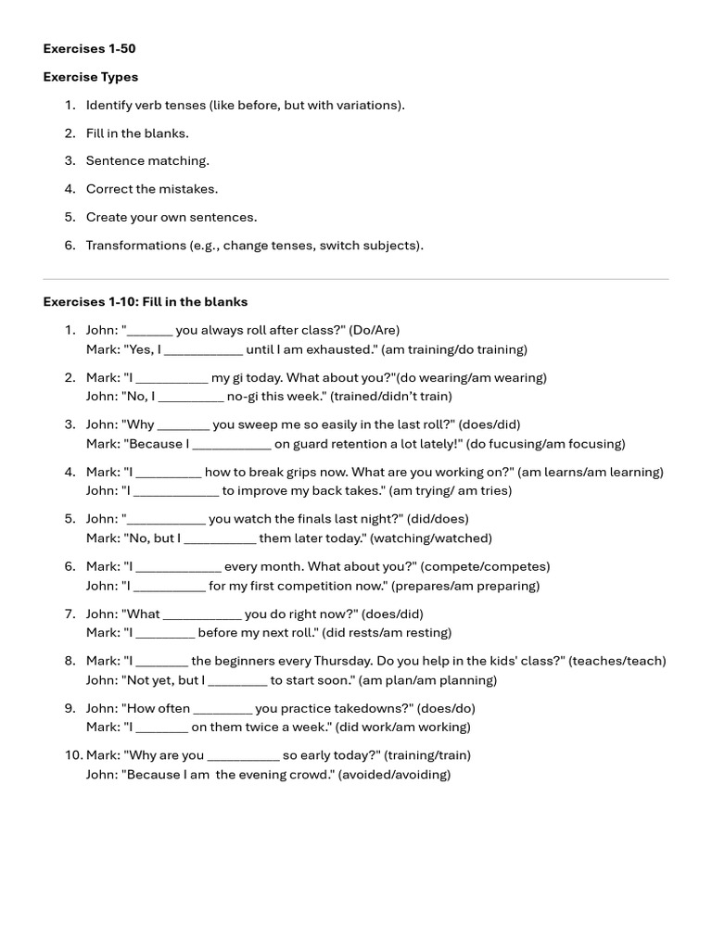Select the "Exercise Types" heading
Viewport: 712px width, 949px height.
91,77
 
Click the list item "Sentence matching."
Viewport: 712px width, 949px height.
147,160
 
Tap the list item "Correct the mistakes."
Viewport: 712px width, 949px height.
152,189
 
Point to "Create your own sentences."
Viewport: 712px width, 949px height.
172,217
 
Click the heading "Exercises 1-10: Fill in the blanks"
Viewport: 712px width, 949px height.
146,302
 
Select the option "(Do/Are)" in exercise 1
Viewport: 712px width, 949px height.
375,330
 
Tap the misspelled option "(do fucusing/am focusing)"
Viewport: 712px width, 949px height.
545,444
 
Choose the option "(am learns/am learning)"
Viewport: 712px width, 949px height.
591,472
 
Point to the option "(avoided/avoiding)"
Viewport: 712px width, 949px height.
395,775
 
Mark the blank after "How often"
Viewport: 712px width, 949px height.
222,708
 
